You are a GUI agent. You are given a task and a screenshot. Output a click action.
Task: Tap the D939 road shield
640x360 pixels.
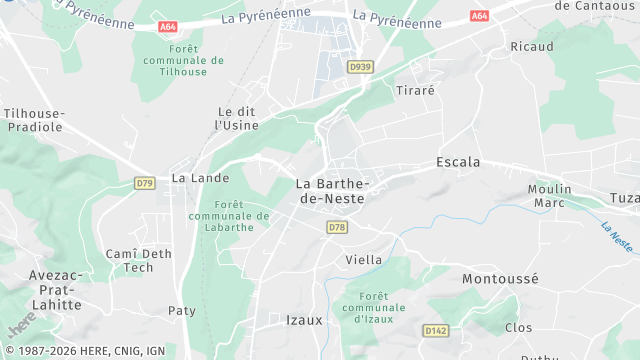(360, 66)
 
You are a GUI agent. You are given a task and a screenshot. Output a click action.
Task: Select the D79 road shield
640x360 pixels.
(145, 183)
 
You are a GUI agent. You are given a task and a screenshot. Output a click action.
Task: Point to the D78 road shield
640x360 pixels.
(336, 228)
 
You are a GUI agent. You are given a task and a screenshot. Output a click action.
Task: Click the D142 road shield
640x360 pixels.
(435, 330)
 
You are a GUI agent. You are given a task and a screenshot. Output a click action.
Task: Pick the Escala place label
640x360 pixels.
(458, 161)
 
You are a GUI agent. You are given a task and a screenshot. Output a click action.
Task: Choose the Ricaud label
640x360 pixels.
(531, 47)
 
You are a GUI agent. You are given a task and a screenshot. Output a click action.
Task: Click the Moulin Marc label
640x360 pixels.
(552, 196)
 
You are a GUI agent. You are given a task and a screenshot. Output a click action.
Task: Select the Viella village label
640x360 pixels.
(363, 259)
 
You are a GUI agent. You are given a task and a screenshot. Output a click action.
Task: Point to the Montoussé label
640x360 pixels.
(500, 280)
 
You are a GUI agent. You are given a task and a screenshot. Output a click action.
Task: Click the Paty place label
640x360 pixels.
(182, 311)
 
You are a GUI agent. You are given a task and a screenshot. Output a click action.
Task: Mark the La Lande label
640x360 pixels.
(200, 178)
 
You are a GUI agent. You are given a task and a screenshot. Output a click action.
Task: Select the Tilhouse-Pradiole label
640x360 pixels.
(34, 120)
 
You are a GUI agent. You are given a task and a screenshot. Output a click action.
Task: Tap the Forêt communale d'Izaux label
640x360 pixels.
(372, 307)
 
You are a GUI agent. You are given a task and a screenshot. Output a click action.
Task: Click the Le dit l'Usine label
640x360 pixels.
(237, 118)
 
